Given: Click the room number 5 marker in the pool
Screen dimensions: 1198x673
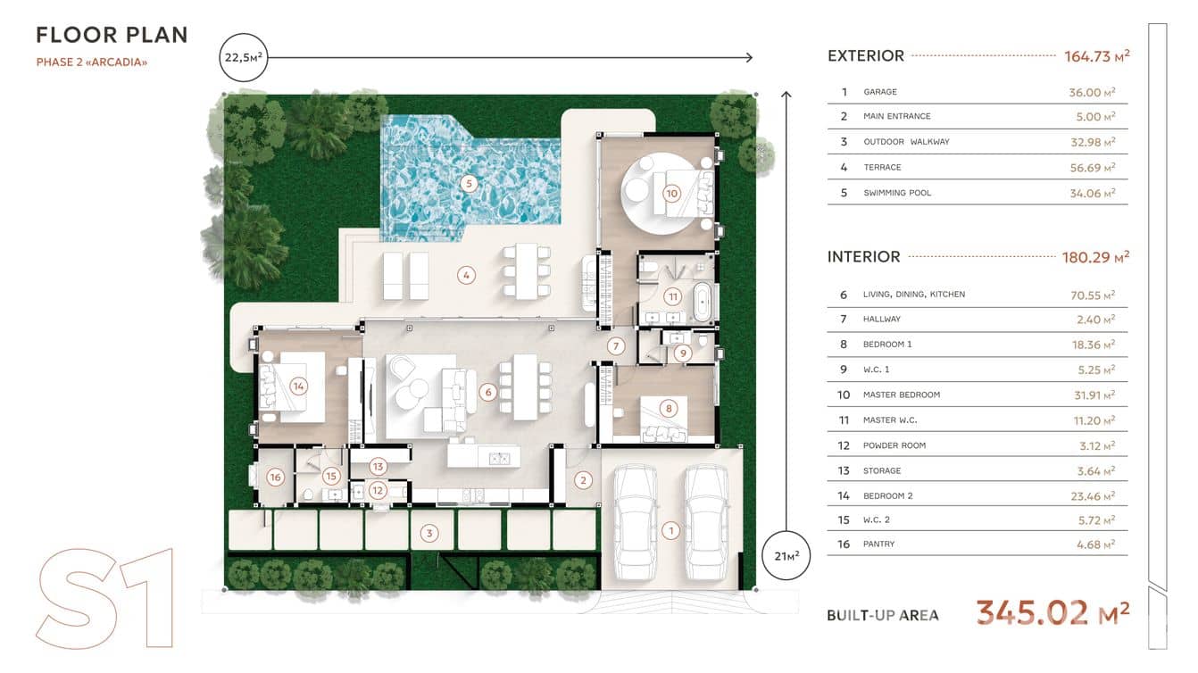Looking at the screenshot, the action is pyautogui.click(x=469, y=184).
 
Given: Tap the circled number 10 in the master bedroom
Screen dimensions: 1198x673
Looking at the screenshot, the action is pyautogui.click(x=671, y=194).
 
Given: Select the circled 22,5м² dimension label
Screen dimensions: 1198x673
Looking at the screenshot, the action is pyautogui.click(x=244, y=57).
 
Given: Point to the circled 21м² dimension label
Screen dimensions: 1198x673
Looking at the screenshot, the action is pyautogui.click(x=786, y=556).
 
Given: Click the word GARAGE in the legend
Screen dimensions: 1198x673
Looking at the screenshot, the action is pyautogui.click(x=880, y=92).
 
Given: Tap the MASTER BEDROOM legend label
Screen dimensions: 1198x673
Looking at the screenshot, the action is pyautogui.click(x=901, y=395).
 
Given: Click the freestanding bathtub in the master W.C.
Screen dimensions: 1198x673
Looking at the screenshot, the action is pyautogui.click(x=703, y=302).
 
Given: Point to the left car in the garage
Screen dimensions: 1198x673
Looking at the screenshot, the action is pyautogui.click(x=636, y=522).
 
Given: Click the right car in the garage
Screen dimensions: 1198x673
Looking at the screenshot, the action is pyautogui.click(x=706, y=522).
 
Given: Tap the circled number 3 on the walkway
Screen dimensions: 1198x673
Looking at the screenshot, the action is pyautogui.click(x=428, y=533).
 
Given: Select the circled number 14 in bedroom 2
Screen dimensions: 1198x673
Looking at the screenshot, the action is pyautogui.click(x=298, y=386).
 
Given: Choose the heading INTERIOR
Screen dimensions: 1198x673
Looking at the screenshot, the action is pyautogui.click(x=864, y=257).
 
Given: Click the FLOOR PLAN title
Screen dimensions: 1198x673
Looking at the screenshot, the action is pyautogui.click(x=112, y=36).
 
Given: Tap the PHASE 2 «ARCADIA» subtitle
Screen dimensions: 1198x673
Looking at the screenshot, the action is pyautogui.click(x=91, y=62).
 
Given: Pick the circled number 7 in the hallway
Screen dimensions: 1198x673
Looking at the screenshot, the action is pyautogui.click(x=616, y=346).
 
